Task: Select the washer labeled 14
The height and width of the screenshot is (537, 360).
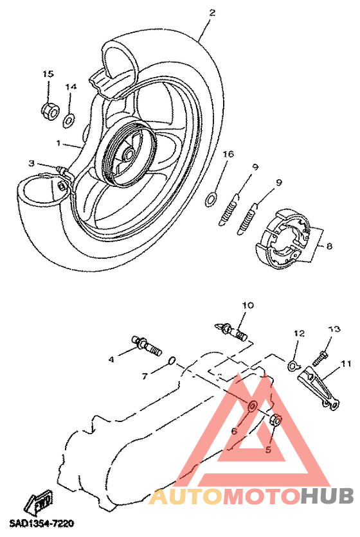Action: [x=69, y=121]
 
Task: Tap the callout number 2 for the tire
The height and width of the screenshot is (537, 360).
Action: [x=212, y=13]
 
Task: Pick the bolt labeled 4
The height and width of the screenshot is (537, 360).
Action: [x=147, y=346]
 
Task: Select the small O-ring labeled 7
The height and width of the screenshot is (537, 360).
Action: [x=172, y=360]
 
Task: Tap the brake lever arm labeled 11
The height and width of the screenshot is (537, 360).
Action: [x=318, y=388]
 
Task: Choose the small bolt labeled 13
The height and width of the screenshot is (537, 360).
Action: [x=320, y=358]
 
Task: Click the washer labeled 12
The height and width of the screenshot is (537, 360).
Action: [x=292, y=365]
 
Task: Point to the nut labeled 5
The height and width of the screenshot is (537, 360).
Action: [x=276, y=421]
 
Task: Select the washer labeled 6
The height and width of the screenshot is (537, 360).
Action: [x=252, y=406]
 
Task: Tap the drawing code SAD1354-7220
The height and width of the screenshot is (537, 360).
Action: [x=42, y=524]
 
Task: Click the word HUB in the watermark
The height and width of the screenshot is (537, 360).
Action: [x=327, y=495]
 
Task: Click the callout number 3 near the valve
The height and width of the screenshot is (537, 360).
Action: [x=32, y=164]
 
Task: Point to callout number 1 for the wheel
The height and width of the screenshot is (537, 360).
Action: [x=59, y=143]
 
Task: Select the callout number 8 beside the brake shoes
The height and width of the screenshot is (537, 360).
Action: [x=329, y=246]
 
